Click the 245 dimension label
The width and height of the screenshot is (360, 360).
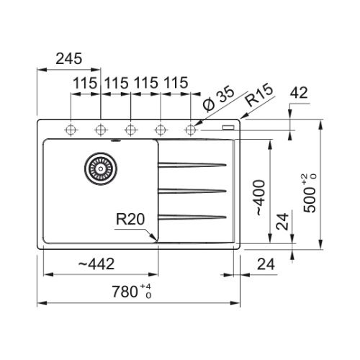tap(69, 59)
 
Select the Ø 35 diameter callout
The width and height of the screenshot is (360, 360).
tap(218, 99)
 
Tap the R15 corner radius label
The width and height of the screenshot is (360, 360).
tap(260, 95)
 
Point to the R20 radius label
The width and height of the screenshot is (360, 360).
tap(130, 219)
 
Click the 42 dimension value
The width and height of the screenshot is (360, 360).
tap(299, 93)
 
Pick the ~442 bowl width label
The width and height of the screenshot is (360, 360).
tap(96, 264)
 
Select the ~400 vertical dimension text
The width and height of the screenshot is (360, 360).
tap(259, 197)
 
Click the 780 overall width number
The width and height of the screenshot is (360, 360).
tap(125, 292)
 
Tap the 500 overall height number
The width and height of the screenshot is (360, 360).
tap(310, 199)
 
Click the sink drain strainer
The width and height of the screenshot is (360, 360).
tap(101, 168)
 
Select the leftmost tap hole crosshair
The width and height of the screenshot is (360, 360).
tap(71, 130)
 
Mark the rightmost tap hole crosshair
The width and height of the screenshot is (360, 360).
tap(191, 130)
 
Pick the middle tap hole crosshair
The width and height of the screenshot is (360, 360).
tap(131, 130)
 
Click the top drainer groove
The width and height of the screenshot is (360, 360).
tap(192, 165)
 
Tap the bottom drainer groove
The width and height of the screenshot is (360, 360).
tap(192, 217)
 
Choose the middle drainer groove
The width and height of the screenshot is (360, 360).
tap(192, 191)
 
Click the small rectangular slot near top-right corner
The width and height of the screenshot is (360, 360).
tap(228, 127)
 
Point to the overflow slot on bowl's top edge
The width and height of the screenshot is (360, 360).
tap(116, 140)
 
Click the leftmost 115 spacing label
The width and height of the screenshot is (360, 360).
tap(85, 84)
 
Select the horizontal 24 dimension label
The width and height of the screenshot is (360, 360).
tap(266, 264)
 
